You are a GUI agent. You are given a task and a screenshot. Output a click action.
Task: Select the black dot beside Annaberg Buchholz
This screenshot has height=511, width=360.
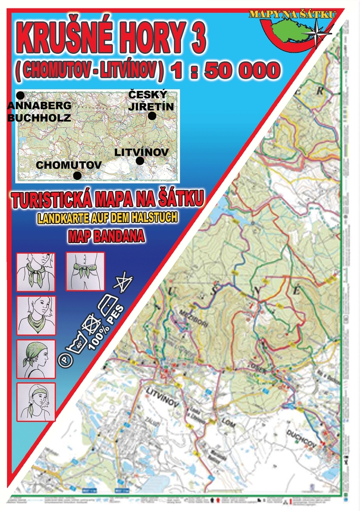(x=20, y=95)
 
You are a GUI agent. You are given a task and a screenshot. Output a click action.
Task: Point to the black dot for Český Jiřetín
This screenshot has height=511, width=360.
(x=152, y=116)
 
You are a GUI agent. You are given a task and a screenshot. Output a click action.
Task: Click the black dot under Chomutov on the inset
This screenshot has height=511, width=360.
(x=77, y=175)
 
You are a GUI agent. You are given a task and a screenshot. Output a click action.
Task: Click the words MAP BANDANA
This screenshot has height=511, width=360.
(x=106, y=237)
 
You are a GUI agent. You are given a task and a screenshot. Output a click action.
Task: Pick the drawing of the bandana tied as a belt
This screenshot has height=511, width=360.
(x=85, y=271)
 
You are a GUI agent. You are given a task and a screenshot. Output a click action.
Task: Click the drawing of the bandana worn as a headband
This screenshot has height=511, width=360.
(x=35, y=401)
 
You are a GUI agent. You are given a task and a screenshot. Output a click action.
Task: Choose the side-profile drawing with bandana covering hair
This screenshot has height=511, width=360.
(x=35, y=359)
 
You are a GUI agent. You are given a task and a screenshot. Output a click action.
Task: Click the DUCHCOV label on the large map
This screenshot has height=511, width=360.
(x=301, y=436)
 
